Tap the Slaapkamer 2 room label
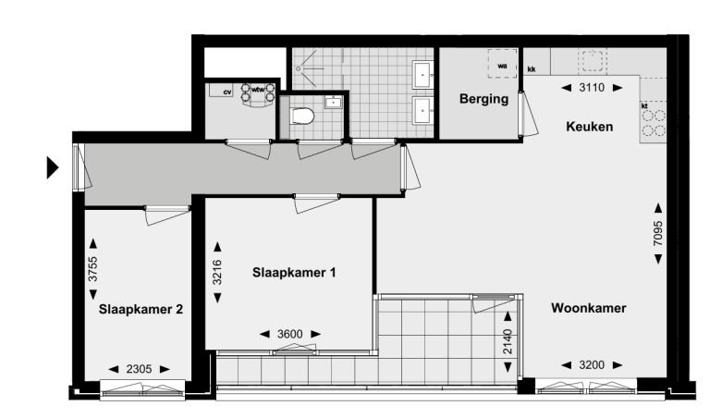coord(140,310)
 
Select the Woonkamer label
coord(590,308)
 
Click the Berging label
coord(484,99)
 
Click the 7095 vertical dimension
coord(659,234)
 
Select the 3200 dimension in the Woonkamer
coord(591,364)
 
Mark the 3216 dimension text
coord(217,272)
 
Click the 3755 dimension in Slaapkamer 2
coord(93,274)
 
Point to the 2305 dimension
coord(140,368)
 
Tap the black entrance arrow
coord(53,167)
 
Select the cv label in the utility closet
coord(226,92)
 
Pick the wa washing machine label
coord(503,66)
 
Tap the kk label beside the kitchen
coord(532,69)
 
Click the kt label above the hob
coord(644,106)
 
